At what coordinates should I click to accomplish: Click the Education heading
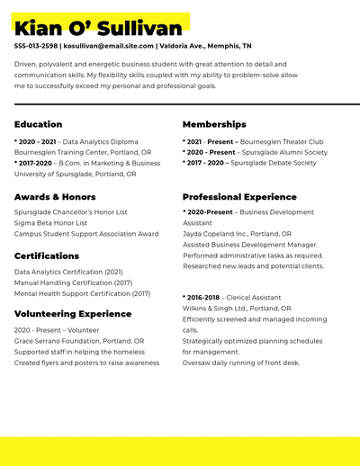[39, 124]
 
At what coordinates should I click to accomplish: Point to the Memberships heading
[214, 124]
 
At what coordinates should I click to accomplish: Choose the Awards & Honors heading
[55, 196]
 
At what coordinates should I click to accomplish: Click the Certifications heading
[47, 255]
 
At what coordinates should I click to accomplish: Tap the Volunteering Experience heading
[73, 314]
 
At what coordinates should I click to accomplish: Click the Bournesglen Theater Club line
[253, 142]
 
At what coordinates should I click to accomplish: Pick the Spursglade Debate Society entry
[249, 163]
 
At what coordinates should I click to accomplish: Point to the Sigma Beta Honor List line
[50, 223]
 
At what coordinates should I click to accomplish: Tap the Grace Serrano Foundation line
[79, 341]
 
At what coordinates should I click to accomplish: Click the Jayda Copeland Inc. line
[237, 234]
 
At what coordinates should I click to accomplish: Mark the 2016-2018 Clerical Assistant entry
[233, 296]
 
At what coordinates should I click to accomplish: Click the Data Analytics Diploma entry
[76, 142]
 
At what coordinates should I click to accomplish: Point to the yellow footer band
[180, 451]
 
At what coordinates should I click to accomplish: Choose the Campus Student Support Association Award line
[86, 234]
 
